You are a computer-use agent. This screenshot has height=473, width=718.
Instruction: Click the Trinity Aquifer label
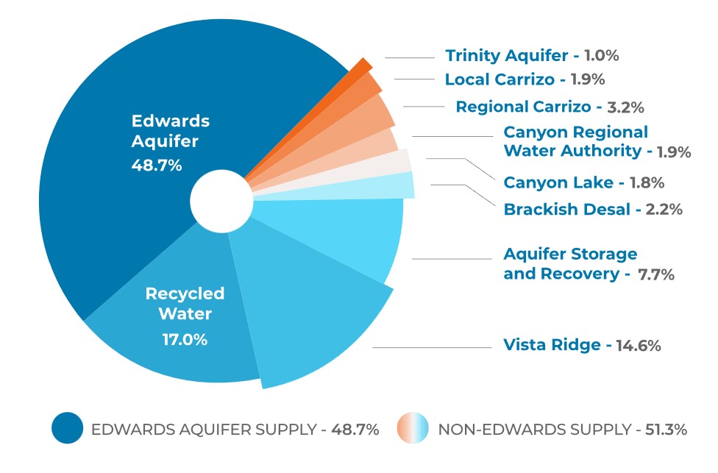[506, 56]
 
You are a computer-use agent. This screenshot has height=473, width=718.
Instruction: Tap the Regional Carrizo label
[523, 107]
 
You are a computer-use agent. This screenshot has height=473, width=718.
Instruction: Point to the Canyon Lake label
[558, 182]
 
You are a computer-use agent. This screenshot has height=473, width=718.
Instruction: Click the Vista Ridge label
[551, 344]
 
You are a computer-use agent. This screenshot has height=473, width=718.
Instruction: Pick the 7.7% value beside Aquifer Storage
[656, 274]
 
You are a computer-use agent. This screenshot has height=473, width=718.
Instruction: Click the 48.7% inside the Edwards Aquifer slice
[156, 166]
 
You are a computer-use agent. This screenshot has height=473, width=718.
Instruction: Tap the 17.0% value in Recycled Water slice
[185, 340]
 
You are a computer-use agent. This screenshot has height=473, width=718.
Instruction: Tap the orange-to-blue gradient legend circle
[413, 429]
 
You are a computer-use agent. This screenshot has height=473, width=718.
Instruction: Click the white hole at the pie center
[220, 200]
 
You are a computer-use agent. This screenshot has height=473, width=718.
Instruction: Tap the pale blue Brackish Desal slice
[401, 185]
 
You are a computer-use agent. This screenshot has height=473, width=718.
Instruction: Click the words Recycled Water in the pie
[185, 304]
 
